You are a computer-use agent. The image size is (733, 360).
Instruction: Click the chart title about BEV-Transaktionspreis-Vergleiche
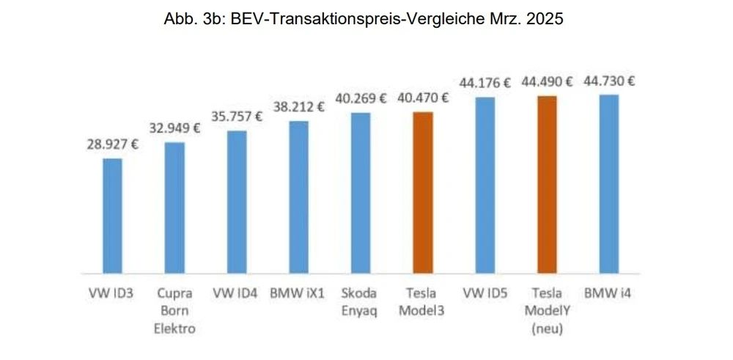[366, 20]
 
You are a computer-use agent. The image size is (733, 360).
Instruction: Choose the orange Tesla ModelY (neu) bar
[547, 185]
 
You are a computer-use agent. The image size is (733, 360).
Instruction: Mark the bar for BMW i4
[609, 185]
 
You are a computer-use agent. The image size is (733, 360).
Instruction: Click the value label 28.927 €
[112, 144]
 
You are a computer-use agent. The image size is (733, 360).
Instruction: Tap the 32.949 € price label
[174, 128]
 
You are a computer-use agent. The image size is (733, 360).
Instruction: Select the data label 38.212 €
[298, 106]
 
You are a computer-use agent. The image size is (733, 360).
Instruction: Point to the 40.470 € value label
[423, 98]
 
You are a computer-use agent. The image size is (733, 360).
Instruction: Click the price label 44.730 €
[609, 81]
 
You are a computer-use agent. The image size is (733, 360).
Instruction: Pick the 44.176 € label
[485, 83]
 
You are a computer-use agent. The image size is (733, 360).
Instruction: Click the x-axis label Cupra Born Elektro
[174, 311]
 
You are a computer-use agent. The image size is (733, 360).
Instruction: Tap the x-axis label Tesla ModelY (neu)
[547, 311]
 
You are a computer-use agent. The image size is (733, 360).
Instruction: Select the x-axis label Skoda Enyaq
[361, 302]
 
